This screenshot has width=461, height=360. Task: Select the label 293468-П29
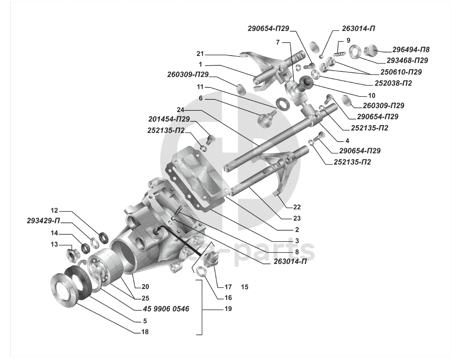tap(407, 60)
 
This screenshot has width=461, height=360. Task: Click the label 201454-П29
tap(169, 119)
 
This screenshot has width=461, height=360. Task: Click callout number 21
tap(200, 53)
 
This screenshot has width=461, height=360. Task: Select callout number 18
tap(145, 332)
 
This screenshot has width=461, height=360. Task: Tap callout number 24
tap(180, 110)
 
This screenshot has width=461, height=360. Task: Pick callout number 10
tap(372, 96)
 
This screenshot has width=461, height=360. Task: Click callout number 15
tap(245, 287)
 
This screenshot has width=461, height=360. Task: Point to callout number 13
tap(54, 244)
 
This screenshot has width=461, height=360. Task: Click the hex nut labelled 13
tap(71, 253)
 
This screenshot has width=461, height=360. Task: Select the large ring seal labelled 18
tap(64, 288)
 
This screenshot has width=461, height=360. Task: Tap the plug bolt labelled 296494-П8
tap(371, 50)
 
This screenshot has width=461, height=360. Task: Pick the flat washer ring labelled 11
tap(283, 104)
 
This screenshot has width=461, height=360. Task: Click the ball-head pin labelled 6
tap(267, 117)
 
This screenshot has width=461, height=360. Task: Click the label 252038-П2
tap(393, 83)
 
